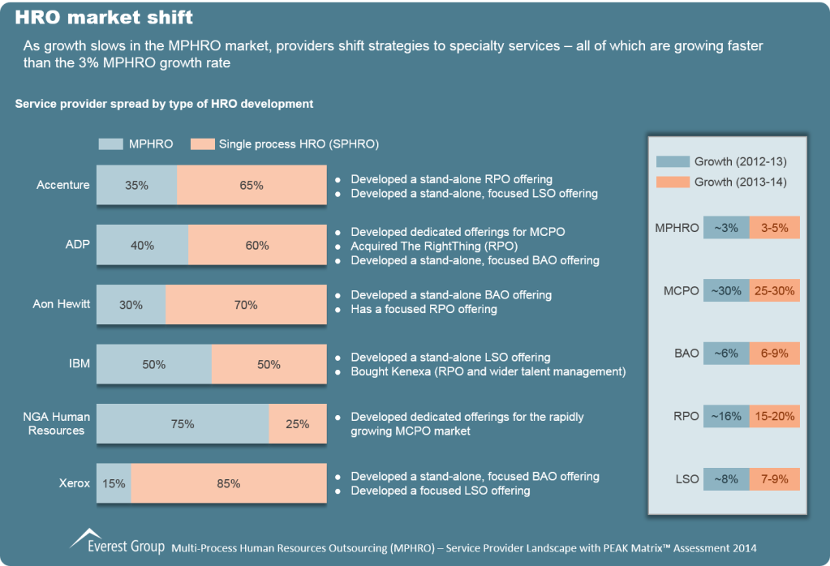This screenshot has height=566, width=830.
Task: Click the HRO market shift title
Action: pos(104,17)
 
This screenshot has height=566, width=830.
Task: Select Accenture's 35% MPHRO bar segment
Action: pos(136,186)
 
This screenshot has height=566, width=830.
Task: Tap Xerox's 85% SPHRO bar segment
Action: pos(229,484)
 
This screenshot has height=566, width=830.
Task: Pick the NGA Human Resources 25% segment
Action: pos(298,424)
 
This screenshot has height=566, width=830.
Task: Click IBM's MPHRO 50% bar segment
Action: pos(154,365)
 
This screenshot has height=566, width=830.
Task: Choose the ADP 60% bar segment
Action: pos(257,246)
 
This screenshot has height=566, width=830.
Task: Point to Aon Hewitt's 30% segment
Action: pos(131,305)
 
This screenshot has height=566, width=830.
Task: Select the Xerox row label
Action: pos(75,483)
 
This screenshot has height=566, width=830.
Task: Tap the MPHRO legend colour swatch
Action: pos(110,144)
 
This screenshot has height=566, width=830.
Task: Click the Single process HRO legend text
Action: pos(299,144)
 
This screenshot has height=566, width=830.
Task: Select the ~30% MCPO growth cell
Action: pos(726,290)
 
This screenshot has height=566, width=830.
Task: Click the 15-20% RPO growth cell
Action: pos(775,416)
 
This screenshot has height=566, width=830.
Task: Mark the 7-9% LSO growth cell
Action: pos(775,479)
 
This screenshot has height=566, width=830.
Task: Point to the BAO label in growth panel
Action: pos(686,354)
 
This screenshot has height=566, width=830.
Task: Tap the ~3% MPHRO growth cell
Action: pos(726,228)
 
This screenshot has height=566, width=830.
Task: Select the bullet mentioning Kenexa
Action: pos(488,372)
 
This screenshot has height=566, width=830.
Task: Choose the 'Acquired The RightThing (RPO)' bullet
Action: pos(434,246)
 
